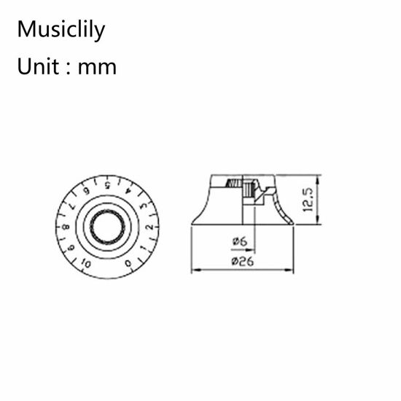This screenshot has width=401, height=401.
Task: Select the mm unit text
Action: coord(97,69)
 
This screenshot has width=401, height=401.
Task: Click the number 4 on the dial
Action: coord(128,191)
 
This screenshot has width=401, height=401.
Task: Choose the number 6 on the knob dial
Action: coord(87,191)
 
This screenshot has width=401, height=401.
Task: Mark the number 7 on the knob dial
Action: coord(71,206)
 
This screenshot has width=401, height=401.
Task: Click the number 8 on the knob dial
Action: coord(66,227)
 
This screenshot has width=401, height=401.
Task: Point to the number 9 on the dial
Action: coord(71,247)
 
